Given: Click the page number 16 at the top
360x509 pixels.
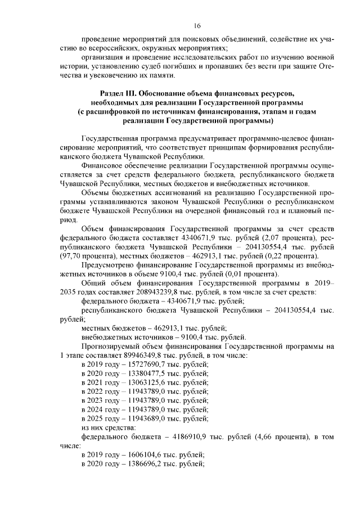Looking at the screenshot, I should tap(197, 25).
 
